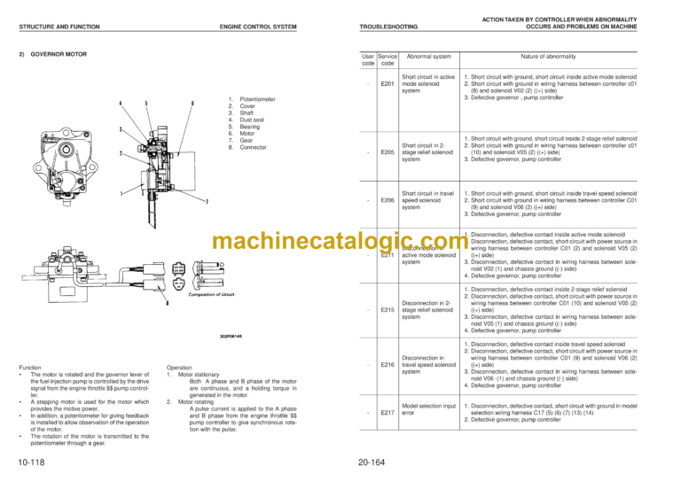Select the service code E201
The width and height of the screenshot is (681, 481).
coord(387,84)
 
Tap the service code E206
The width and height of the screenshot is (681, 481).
coord(387,200)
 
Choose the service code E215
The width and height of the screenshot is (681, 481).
coord(387,310)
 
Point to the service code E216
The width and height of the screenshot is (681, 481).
coord(387,364)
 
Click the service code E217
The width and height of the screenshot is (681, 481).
coord(387,412)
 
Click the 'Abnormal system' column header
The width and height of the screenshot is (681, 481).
coord(426,55)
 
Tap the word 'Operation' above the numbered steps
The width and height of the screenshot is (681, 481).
coord(183,368)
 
